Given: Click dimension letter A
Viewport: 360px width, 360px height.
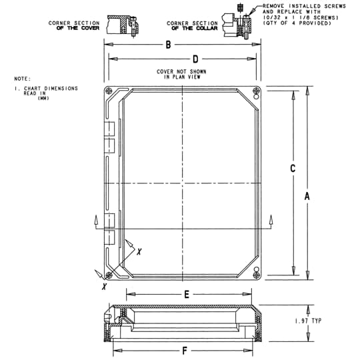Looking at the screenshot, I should tap(307, 196).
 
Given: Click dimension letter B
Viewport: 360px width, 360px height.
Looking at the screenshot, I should tap(169, 45).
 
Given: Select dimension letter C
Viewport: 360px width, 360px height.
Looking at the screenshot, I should tap(293, 169).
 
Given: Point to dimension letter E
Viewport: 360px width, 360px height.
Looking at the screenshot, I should tap(187, 293).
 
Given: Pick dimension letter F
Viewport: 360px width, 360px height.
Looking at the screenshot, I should tap(185, 350).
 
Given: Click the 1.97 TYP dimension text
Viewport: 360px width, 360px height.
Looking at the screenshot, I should tap(308, 321).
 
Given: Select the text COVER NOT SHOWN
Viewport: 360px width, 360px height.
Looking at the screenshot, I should tap(181, 71).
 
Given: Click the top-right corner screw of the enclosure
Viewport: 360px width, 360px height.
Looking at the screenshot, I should tap(257, 92).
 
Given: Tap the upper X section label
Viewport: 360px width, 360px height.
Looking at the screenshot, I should tap(139, 253).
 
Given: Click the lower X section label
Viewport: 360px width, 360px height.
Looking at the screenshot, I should tap(104, 286).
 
